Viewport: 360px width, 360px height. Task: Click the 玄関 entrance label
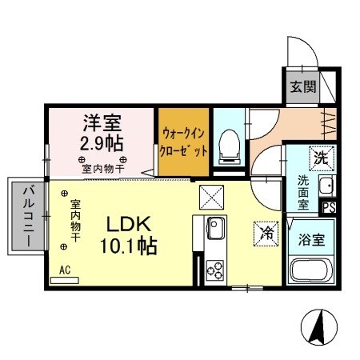[x=302, y=87]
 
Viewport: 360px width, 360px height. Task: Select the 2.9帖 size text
[x=101, y=144]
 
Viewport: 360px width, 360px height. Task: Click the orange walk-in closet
[x=185, y=143]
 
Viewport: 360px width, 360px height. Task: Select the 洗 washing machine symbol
[x=320, y=157]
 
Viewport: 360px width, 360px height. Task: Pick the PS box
[x=327, y=206]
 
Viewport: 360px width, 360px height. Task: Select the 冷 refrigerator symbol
[x=266, y=233]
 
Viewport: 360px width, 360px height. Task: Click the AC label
[x=65, y=270]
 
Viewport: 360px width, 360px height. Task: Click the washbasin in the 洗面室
[x=325, y=188]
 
